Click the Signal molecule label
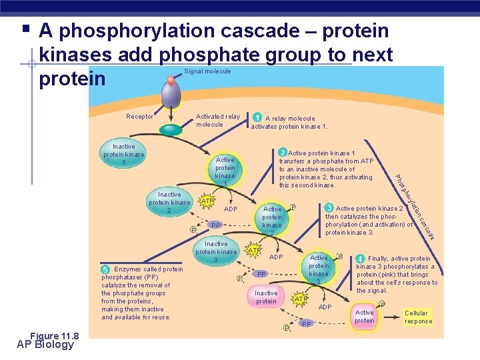pos(208,71)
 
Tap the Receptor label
pos(139,117)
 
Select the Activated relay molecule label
pos(217,121)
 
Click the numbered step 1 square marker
pos(257,118)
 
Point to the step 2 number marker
pos(283,153)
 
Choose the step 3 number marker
pos(329,208)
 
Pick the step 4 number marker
pos(360,259)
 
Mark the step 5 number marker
pos(105,269)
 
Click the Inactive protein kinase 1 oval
pos(123,155)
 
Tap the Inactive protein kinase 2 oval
pos(169,203)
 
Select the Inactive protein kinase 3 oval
pos(215,252)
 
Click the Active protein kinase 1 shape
pos(225,170)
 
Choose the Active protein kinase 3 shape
pos(319,269)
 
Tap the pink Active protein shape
pos(365,316)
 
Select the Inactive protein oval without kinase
pos(266,297)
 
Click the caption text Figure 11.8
pos(54,335)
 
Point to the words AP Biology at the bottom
pos(46,345)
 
